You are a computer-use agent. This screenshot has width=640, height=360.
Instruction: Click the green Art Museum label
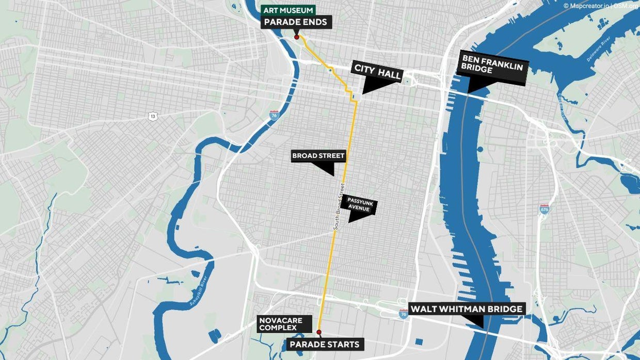[289, 10]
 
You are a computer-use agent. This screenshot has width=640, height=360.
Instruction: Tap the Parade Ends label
[296, 22]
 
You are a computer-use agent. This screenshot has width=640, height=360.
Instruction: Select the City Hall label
[377, 72]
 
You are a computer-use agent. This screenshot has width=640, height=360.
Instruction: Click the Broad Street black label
[318, 156]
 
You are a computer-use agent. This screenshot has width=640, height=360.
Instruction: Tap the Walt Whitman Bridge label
[467, 309]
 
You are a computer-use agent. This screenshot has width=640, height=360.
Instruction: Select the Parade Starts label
[324, 344]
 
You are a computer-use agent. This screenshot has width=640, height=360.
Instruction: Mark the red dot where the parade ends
[296, 37]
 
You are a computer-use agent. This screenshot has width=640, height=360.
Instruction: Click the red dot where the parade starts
[319, 332]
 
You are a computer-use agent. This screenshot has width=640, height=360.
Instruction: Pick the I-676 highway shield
[544, 209]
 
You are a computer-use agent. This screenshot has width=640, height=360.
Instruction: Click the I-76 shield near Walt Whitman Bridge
[404, 314]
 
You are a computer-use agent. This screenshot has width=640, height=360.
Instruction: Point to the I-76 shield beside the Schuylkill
[275, 115]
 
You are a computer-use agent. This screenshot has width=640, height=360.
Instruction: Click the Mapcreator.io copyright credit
[587, 6]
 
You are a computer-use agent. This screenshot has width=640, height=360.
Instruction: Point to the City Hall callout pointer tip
[363, 93]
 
